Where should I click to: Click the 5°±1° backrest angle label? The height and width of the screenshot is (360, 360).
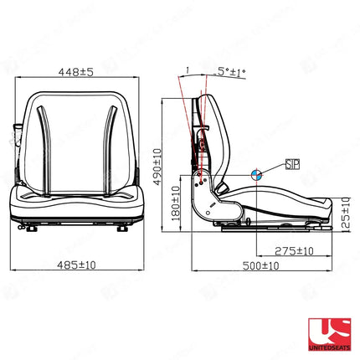231,75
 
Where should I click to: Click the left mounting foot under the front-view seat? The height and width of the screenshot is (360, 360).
31,224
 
